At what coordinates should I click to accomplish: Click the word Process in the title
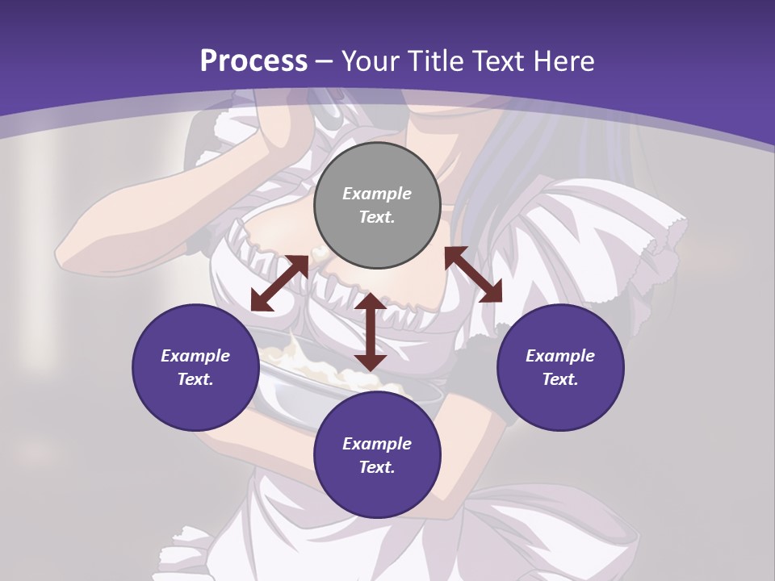pos(253,61)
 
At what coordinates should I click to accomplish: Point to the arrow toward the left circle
pos(279,283)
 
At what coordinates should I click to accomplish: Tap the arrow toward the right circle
pos(473,274)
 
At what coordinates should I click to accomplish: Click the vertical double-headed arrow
pos(371,332)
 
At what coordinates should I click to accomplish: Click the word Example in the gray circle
pos(377,194)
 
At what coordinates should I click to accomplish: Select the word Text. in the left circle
pos(195,379)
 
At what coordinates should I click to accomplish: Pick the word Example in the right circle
pos(560,356)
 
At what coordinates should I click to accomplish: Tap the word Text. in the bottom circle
pos(377,467)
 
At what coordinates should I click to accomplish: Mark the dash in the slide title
pos(324,61)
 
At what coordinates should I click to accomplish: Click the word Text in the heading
pos(497,61)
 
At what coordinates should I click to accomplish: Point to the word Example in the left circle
pos(195,356)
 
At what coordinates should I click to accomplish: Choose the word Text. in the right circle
pos(560,379)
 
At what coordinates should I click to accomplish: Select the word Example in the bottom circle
pos(377,444)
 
